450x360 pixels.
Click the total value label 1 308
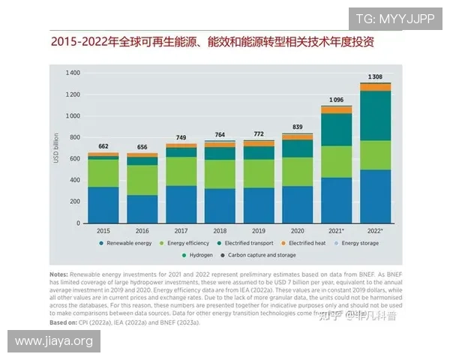[x=375, y=77]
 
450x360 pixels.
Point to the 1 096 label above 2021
[x=336, y=100]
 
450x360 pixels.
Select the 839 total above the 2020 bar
[x=297, y=127]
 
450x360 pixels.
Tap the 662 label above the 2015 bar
[x=103, y=146]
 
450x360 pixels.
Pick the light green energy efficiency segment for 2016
[x=142, y=180]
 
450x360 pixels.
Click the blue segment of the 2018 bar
[x=220, y=205]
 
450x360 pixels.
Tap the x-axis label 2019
[x=259, y=230]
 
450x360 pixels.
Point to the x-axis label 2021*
[x=337, y=230]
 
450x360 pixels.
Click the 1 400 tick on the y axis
[x=73, y=73]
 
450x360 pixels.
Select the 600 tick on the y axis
[x=75, y=159]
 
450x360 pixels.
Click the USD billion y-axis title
[x=56, y=148]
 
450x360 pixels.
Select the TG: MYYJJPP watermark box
[x=394, y=19]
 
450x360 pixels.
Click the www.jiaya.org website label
[x=53, y=341]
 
